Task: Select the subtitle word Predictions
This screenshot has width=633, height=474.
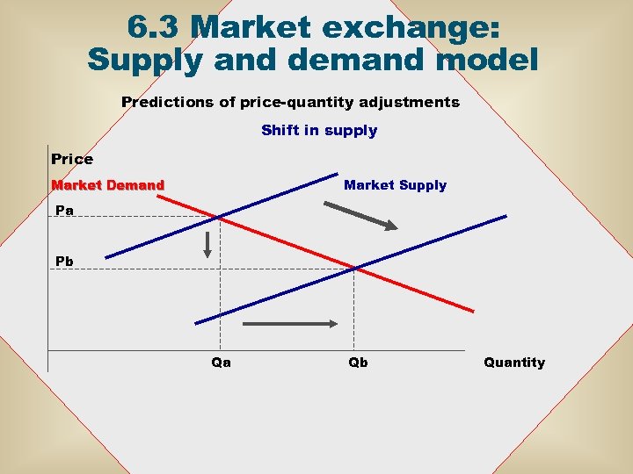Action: pyautogui.click(x=167, y=103)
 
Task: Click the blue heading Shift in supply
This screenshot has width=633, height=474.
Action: pyautogui.click(x=319, y=131)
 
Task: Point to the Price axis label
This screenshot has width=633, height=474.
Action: pyautogui.click(x=72, y=160)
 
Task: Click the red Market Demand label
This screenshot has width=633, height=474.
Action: pyautogui.click(x=108, y=185)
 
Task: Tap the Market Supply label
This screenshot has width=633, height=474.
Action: pyautogui.click(x=395, y=185)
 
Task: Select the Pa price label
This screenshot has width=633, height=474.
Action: pyautogui.click(x=64, y=211)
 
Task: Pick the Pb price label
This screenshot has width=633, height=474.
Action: pyautogui.click(x=64, y=262)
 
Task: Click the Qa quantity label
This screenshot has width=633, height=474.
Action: pyautogui.click(x=222, y=363)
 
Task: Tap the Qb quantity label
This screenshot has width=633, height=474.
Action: pyautogui.click(x=358, y=363)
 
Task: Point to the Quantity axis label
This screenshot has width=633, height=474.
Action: pyautogui.click(x=514, y=363)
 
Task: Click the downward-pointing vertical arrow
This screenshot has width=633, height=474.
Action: pyautogui.click(x=207, y=244)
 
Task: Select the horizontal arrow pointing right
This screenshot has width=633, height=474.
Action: pyautogui.click(x=289, y=324)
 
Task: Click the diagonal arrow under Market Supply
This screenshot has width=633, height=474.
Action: pyautogui.click(x=360, y=216)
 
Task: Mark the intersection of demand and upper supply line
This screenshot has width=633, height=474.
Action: pyautogui.click(x=220, y=217)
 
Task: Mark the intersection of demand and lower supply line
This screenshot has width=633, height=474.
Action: pyautogui.click(x=353, y=268)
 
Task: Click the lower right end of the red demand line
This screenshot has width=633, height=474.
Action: pyautogui.click(x=473, y=311)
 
